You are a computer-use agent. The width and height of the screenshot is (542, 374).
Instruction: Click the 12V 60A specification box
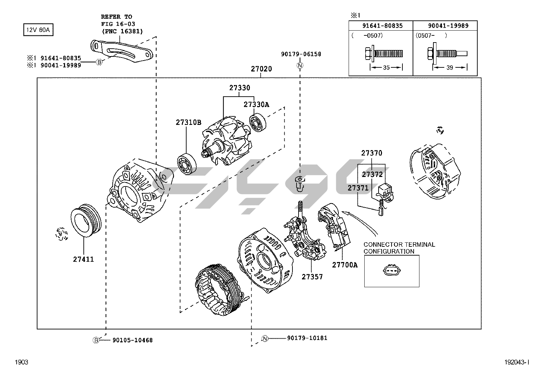38,30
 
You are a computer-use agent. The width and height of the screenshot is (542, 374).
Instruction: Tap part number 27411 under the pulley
83,259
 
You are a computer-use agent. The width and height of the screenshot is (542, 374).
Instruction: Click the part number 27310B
188,122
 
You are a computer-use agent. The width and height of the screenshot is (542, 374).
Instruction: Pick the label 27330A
256,104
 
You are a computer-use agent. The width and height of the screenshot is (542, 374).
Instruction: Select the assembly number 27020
261,69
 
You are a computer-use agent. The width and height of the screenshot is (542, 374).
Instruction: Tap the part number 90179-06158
301,54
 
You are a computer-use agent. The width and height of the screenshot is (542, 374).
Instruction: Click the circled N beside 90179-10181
265,338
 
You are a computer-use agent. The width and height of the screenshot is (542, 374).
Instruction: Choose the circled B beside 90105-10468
96,340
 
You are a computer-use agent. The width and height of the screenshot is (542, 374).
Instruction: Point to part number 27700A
345,265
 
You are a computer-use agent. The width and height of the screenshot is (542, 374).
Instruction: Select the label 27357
312,277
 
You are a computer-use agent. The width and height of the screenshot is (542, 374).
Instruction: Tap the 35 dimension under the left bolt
386,68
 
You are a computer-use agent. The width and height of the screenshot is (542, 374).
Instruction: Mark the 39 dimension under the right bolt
449,68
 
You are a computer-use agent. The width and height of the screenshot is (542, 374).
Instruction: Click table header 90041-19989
448,26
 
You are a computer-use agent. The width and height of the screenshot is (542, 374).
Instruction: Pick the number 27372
372,174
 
